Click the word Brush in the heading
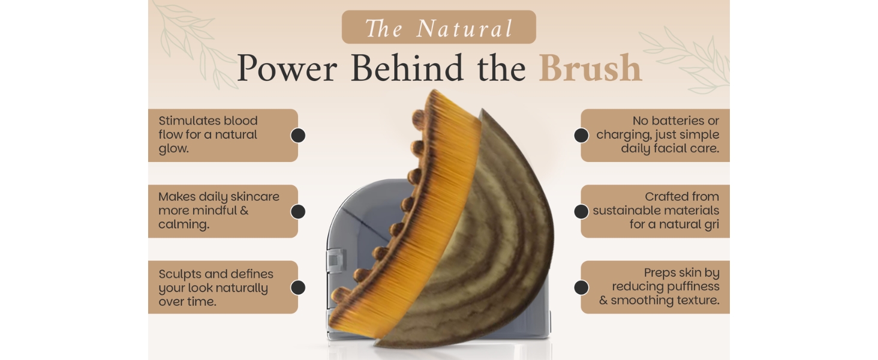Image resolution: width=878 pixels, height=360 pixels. tap(590, 68)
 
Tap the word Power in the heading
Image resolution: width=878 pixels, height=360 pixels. tap(287, 68)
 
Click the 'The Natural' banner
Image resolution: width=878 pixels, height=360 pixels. tap(438, 28)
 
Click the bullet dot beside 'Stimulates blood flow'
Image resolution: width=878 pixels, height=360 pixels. tap(298, 135)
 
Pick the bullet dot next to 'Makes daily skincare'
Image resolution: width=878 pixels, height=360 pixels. tap(298, 211)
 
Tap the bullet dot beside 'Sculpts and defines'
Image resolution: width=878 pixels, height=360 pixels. tap(298, 287)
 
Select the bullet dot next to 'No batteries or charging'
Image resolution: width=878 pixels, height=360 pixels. tap(581, 135)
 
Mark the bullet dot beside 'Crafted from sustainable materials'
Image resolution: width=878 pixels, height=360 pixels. tap(581, 211)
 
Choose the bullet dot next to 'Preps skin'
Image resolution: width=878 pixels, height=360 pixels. tap(581, 287)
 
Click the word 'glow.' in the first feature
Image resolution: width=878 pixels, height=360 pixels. tap(173, 149)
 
